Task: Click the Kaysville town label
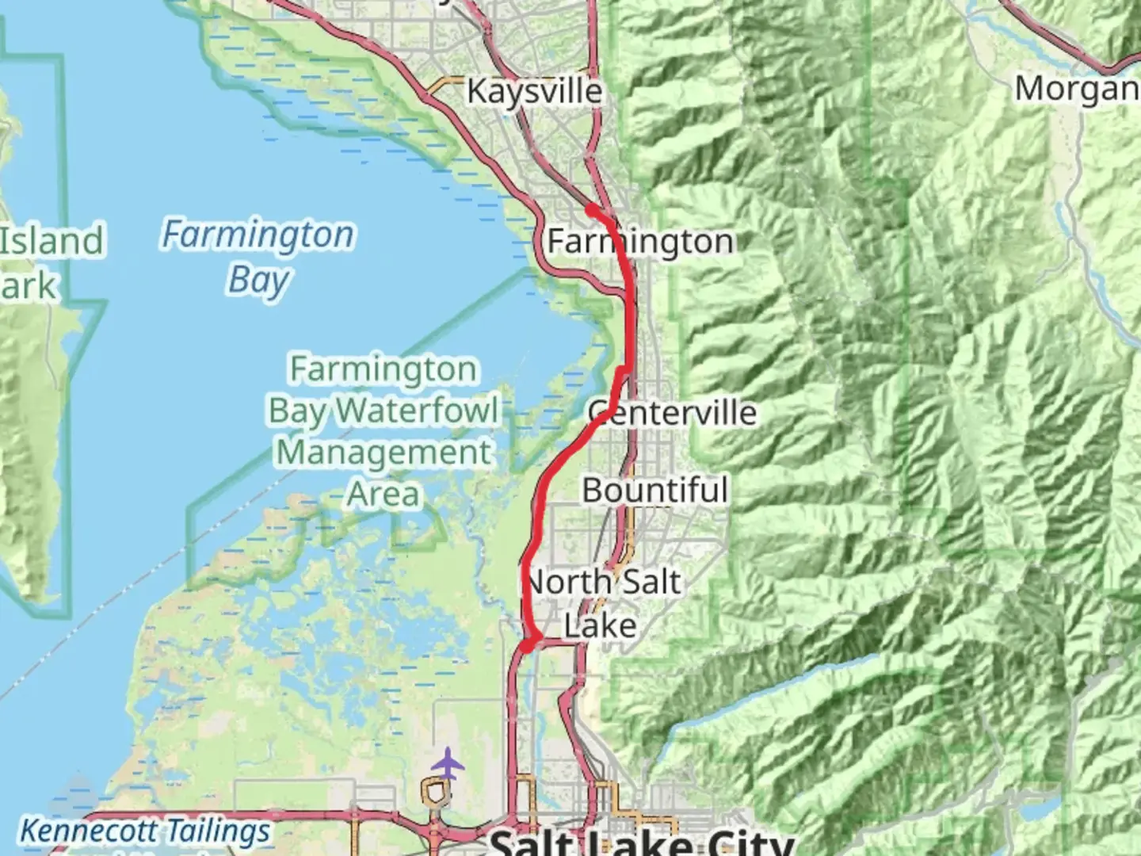tap(534, 90)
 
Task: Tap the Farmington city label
tap(640, 241)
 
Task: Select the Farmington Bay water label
tap(258, 256)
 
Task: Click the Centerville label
tap(672, 412)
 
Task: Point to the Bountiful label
tap(654, 490)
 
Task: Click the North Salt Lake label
tap(602, 602)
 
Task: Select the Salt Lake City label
tap(642, 842)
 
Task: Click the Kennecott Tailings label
tap(145, 831)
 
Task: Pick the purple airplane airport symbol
tap(448, 764)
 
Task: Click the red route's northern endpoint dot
tap(591, 209)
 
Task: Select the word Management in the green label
tap(384, 452)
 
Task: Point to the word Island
tap(52, 241)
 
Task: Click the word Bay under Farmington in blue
tap(258, 280)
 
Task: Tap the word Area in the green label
tap(384, 494)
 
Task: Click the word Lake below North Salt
tap(600, 625)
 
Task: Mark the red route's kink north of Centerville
tap(625, 370)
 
